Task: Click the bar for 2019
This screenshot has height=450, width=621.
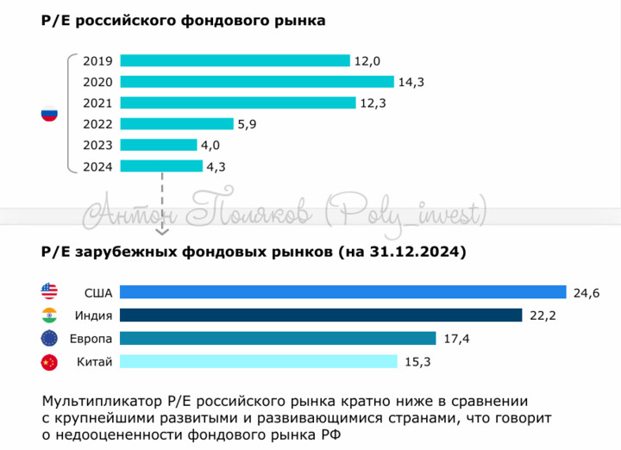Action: (235, 60)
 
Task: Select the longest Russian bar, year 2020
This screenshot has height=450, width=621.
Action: (256, 82)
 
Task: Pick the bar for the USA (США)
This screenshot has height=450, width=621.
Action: (342, 292)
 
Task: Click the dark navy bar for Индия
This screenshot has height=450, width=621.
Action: (321, 316)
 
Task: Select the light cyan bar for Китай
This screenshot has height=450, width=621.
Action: (258, 362)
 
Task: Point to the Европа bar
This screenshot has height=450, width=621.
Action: (278, 339)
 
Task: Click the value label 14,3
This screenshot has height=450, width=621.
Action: (411, 83)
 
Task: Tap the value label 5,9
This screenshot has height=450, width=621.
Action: (248, 124)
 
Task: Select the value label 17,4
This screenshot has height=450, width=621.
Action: (456, 339)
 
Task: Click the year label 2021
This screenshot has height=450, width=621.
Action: (98, 103)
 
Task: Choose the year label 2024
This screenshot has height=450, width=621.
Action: (98, 166)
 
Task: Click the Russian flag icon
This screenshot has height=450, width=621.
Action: (49, 114)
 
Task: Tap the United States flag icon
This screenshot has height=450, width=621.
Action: (48, 291)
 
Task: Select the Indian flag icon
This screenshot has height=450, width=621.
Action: (48, 316)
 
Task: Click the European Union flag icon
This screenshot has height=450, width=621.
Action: (48, 339)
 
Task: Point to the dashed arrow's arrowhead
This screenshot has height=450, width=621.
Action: (161, 230)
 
